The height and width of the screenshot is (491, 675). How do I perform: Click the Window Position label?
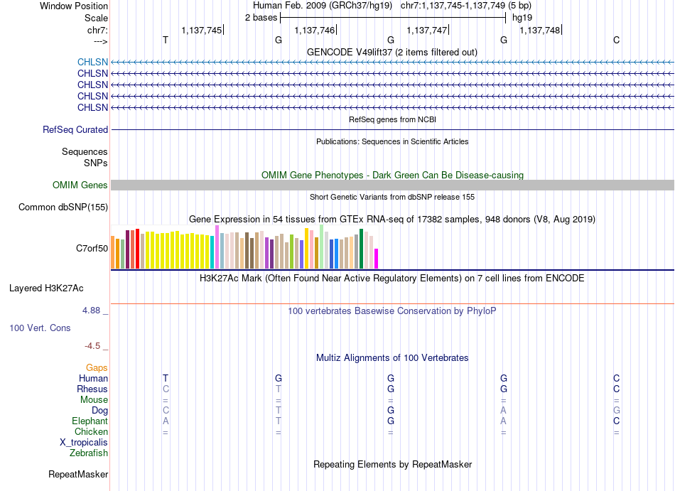click(x=74, y=6)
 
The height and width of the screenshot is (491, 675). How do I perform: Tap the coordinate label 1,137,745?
click(x=202, y=30)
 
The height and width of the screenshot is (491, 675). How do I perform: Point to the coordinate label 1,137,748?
click(x=540, y=30)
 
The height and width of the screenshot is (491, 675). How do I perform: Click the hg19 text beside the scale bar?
click(x=522, y=18)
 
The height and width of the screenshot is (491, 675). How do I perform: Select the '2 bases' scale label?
click(x=261, y=18)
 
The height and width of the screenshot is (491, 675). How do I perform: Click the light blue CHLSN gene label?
click(x=92, y=62)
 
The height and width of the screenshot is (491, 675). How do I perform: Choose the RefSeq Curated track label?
click(x=75, y=129)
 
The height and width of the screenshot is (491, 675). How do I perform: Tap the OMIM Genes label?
click(x=80, y=185)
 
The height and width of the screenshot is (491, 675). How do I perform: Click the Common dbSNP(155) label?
click(x=63, y=207)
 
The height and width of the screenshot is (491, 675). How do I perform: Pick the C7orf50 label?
click(x=92, y=248)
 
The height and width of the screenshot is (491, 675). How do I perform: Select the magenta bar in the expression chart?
click(x=377, y=259)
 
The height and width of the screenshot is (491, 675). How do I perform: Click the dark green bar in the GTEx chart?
click(x=361, y=249)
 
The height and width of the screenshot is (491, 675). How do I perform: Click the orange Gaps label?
click(x=97, y=367)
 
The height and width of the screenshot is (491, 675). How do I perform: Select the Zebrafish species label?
click(x=89, y=453)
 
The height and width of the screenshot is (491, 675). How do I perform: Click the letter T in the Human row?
click(x=166, y=378)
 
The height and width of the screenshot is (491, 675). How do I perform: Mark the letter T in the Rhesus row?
click(x=279, y=389)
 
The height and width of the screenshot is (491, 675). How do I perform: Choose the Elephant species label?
click(x=90, y=421)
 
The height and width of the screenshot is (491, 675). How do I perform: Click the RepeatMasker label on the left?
click(x=78, y=474)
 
